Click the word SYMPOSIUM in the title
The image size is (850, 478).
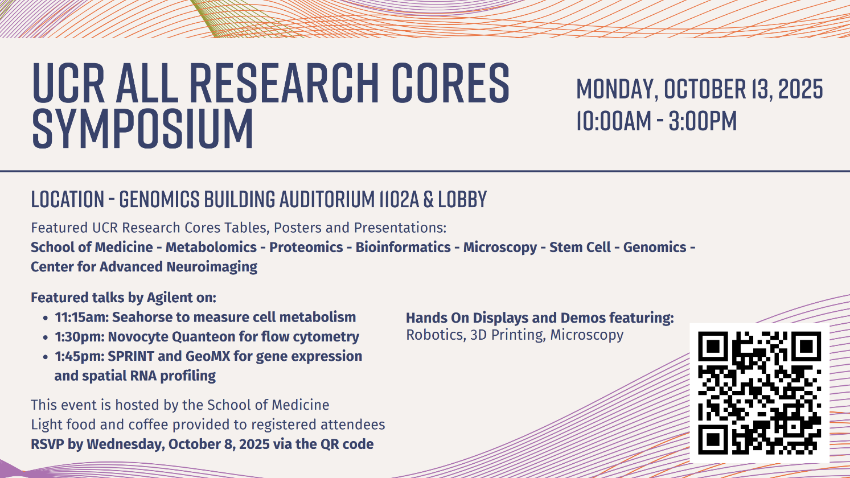143,129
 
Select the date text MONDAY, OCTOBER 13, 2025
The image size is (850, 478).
699,89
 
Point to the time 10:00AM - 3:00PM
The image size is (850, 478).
656,121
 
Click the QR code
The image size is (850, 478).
759,393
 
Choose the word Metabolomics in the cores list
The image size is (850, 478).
211,247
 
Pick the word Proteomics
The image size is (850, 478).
306,247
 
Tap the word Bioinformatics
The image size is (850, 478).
403,247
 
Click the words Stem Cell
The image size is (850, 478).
580,247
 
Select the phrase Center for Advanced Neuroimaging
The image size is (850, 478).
144,267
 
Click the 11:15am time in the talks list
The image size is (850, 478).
81,317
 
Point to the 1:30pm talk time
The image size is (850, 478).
80,337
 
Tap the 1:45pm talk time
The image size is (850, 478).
80,356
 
